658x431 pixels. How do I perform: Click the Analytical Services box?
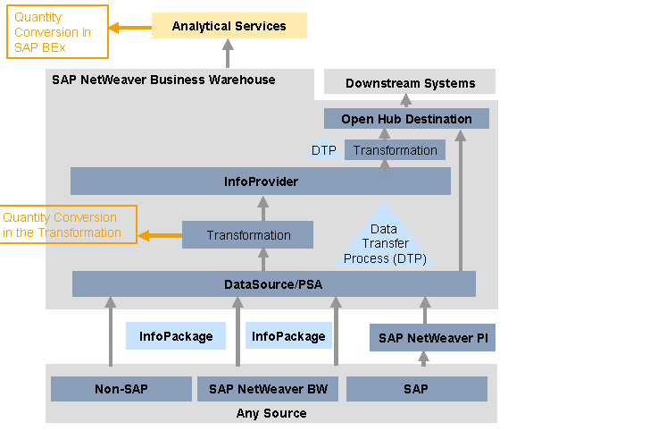[229, 26]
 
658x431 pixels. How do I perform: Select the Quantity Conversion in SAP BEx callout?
[57, 31]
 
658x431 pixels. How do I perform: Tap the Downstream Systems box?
[409, 83]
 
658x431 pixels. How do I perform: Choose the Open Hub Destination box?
[406, 119]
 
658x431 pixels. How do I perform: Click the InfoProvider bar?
[261, 182]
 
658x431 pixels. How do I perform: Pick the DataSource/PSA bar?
[273, 284]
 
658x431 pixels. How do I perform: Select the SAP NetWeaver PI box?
[432, 338]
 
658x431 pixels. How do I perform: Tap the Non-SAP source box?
[121, 389]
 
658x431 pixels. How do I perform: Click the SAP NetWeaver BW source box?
[267, 389]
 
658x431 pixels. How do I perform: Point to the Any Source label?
[271, 413]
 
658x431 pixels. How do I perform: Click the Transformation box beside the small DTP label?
[395, 150]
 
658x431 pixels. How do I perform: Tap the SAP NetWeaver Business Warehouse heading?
[163, 80]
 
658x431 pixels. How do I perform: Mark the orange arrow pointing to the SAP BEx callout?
[129, 27]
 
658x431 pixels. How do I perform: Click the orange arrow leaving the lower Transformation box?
[160, 236]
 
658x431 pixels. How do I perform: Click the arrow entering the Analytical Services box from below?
[227, 54]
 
